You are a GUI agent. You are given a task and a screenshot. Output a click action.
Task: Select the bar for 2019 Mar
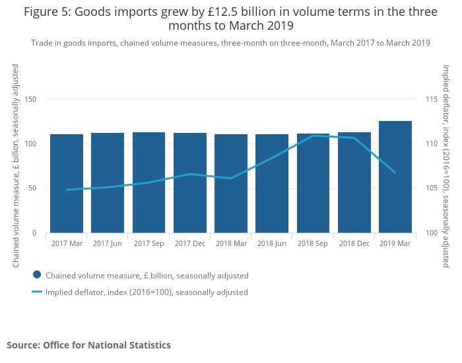[x=395, y=177]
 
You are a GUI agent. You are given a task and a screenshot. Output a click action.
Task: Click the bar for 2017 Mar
[x=67, y=184]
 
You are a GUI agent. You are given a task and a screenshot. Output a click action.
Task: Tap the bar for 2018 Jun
[x=272, y=184]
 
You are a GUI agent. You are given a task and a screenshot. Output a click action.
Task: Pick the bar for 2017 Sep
[x=149, y=182]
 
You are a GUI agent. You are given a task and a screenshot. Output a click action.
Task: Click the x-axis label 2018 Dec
[x=354, y=243]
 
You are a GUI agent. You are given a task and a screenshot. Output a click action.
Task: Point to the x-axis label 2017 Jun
[x=108, y=243]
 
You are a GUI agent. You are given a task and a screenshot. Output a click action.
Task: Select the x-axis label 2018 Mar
[x=231, y=243]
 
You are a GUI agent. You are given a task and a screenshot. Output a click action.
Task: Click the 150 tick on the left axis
[x=30, y=99]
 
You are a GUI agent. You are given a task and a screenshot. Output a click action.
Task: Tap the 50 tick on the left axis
[x=32, y=188]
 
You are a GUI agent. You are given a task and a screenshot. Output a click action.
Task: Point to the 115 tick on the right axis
[x=432, y=99]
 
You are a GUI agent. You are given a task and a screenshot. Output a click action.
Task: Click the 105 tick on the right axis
[x=432, y=188]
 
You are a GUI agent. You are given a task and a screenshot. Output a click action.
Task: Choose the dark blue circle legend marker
[x=37, y=275]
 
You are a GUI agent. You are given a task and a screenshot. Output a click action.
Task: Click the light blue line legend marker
[x=37, y=292]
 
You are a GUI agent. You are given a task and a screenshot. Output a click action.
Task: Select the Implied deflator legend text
[x=147, y=292]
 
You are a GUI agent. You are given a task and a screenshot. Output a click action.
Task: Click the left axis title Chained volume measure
[x=16, y=165]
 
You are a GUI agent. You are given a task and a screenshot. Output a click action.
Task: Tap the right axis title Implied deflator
[x=446, y=165]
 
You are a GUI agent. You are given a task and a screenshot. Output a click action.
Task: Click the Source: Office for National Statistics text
[x=88, y=345]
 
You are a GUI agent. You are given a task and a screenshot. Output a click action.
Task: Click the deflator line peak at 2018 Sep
[x=313, y=136]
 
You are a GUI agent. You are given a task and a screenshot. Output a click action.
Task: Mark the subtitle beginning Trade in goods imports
[x=230, y=43]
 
